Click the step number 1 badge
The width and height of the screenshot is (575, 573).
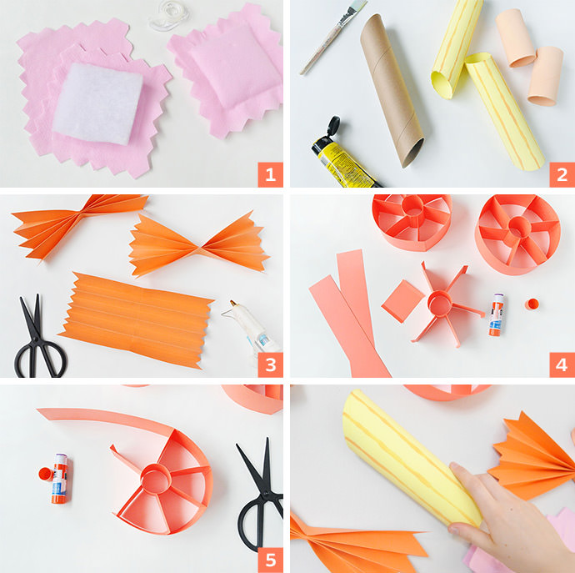[270, 174]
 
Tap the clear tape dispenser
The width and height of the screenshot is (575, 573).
[169, 15]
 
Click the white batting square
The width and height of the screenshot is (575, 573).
[97, 103]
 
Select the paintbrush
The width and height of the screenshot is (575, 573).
[332, 36]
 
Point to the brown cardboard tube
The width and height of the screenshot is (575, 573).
[392, 90]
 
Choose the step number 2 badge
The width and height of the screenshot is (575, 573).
[562, 174]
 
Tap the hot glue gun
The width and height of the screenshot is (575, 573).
[252, 329]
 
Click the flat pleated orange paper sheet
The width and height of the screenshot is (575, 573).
[136, 319]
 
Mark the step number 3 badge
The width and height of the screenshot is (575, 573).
[270, 364]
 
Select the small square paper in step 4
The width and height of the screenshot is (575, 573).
[403, 301]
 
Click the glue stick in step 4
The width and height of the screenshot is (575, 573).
[496, 314]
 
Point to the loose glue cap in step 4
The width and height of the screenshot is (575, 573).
[532, 304]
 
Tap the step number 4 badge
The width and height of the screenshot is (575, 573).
[562, 364]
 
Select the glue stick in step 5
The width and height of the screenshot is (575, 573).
[59, 479]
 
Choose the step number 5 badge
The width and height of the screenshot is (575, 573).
[270, 560]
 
